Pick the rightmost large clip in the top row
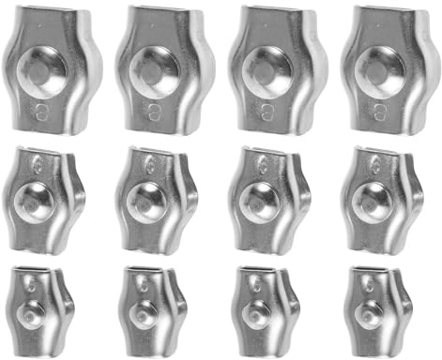point(383,67)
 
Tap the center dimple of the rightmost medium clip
point(373,200)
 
